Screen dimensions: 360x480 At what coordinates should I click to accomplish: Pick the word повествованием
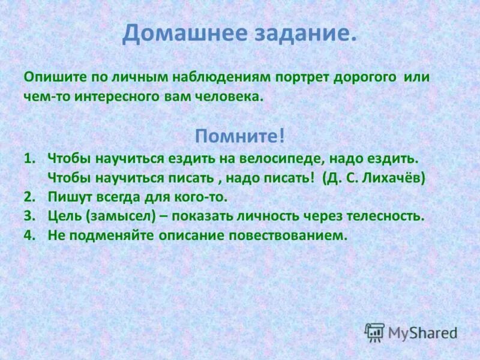pos(287,235)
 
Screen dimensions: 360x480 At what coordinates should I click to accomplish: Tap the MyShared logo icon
pos(375,332)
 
